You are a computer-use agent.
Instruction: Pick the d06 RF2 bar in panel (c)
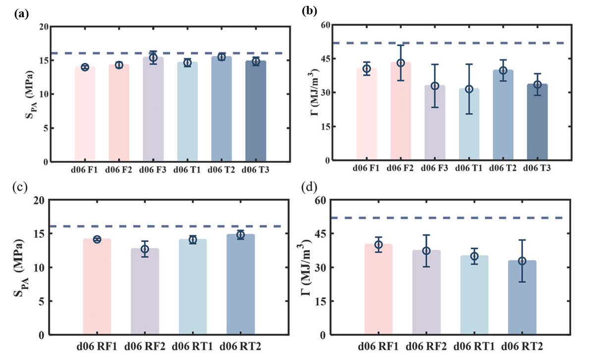[145, 292]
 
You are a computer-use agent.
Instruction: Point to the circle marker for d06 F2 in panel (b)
[400, 63]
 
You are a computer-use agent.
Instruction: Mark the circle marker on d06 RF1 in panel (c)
[97, 239]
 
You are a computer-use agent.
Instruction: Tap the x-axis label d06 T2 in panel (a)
[221, 170]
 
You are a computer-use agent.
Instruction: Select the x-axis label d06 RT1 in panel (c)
[192, 345]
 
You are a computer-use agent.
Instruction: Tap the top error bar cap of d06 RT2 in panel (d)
[522, 240]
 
